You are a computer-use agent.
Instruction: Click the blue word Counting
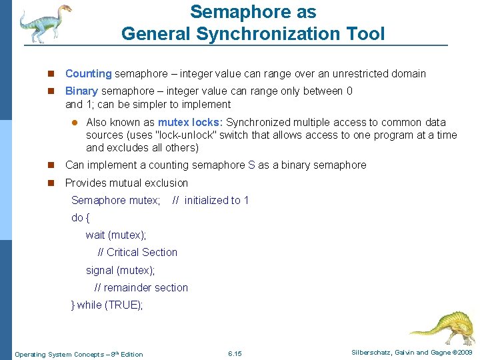(x=88, y=74)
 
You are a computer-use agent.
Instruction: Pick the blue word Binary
(x=81, y=91)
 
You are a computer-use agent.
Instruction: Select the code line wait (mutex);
(x=116, y=235)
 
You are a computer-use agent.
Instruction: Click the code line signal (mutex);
(x=120, y=271)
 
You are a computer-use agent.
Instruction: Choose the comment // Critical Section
(x=137, y=253)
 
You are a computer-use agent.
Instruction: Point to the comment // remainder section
(x=141, y=288)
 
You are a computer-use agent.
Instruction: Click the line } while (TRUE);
(x=107, y=305)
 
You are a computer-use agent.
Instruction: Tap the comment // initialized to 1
(x=210, y=201)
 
